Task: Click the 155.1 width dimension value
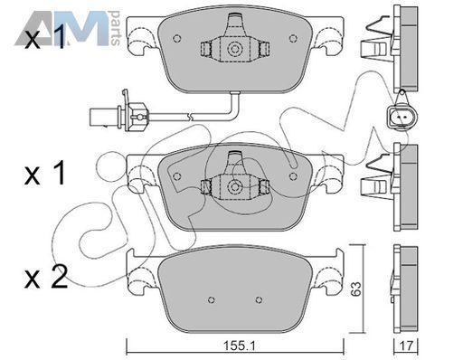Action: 239,346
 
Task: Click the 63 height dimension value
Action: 356,289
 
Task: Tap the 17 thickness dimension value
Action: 406,346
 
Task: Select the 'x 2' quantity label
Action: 46,278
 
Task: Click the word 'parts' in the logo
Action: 116,28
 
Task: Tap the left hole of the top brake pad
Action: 177,39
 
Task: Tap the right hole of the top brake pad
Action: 293,39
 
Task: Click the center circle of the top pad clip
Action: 234,49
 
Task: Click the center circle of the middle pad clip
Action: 234,186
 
